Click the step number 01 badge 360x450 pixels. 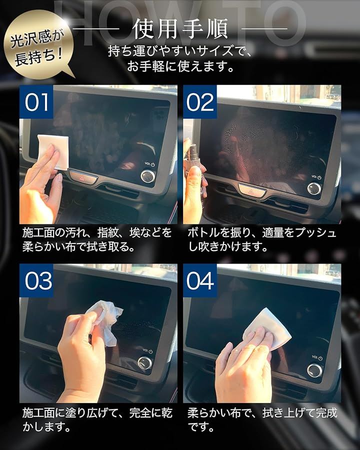point(36,101)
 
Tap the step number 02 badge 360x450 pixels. point(200,101)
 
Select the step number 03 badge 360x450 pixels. point(36,280)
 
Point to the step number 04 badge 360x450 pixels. point(200,280)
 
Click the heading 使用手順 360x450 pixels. point(180,28)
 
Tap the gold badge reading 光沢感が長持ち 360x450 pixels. point(38,45)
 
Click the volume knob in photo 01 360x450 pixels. point(148,176)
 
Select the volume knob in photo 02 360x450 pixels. point(314,188)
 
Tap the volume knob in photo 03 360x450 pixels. point(144,363)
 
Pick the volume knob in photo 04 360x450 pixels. point(314,370)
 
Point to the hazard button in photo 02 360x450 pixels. point(252,190)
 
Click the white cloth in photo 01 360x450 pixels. point(53,150)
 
